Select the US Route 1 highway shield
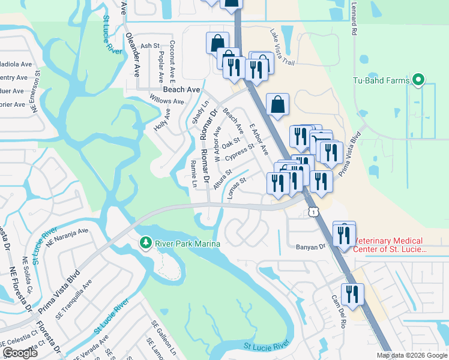click(313, 212)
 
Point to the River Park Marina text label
click(187, 244)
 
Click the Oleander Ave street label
click(133, 54)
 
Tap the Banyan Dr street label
click(310, 247)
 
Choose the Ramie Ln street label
click(193, 173)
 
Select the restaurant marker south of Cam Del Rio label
click(352, 295)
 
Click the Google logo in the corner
click(20, 353)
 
